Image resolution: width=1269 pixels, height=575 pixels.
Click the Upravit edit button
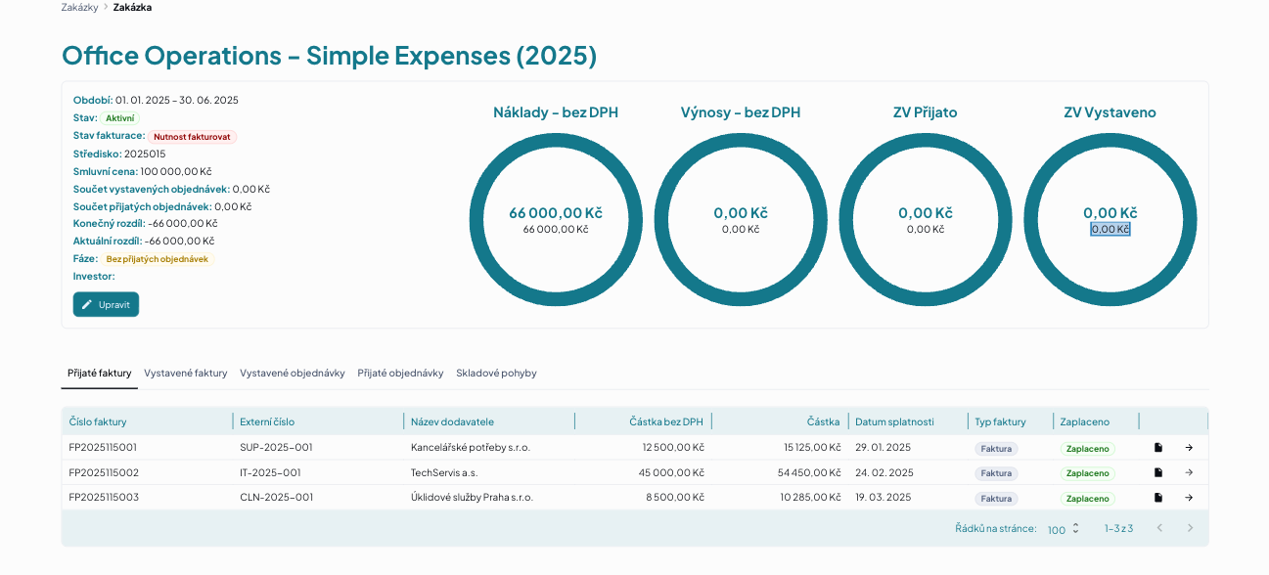click(106, 304)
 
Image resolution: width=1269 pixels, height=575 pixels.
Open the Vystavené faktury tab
click(185, 373)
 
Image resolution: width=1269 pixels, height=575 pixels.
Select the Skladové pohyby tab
click(496, 373)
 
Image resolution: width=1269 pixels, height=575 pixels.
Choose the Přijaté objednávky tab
click(400, 373)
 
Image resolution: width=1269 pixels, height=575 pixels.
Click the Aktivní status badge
click(120, 118)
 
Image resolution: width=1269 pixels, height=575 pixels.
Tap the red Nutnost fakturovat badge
click(192, 137)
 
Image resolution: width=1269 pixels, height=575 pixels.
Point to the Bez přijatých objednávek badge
click(157, 259)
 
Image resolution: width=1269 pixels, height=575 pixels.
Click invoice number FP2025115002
click(104, 472)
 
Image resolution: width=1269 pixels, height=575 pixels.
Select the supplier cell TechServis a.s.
click(444, 472)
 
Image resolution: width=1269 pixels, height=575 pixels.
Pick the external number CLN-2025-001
click(276, 498)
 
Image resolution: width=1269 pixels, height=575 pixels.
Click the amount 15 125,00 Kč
click(812, 448)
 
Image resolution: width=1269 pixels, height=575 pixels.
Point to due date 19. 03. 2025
click(884, 498)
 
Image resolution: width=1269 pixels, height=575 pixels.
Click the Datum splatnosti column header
click(894, 421)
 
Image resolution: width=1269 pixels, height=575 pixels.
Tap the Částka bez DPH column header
click(666, 421)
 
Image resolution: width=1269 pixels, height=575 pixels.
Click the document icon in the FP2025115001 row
click(1158, 448)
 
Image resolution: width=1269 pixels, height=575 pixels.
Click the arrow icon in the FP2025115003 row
click(1189, 498)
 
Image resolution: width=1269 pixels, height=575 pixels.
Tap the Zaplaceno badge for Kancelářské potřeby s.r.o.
click(1088, 449)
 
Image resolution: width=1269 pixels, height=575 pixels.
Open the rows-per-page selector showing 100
click(1064, 529)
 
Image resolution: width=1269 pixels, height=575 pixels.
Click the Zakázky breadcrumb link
click(79, 8)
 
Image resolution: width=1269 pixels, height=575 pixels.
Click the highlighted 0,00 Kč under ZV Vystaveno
click(1110, 229)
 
